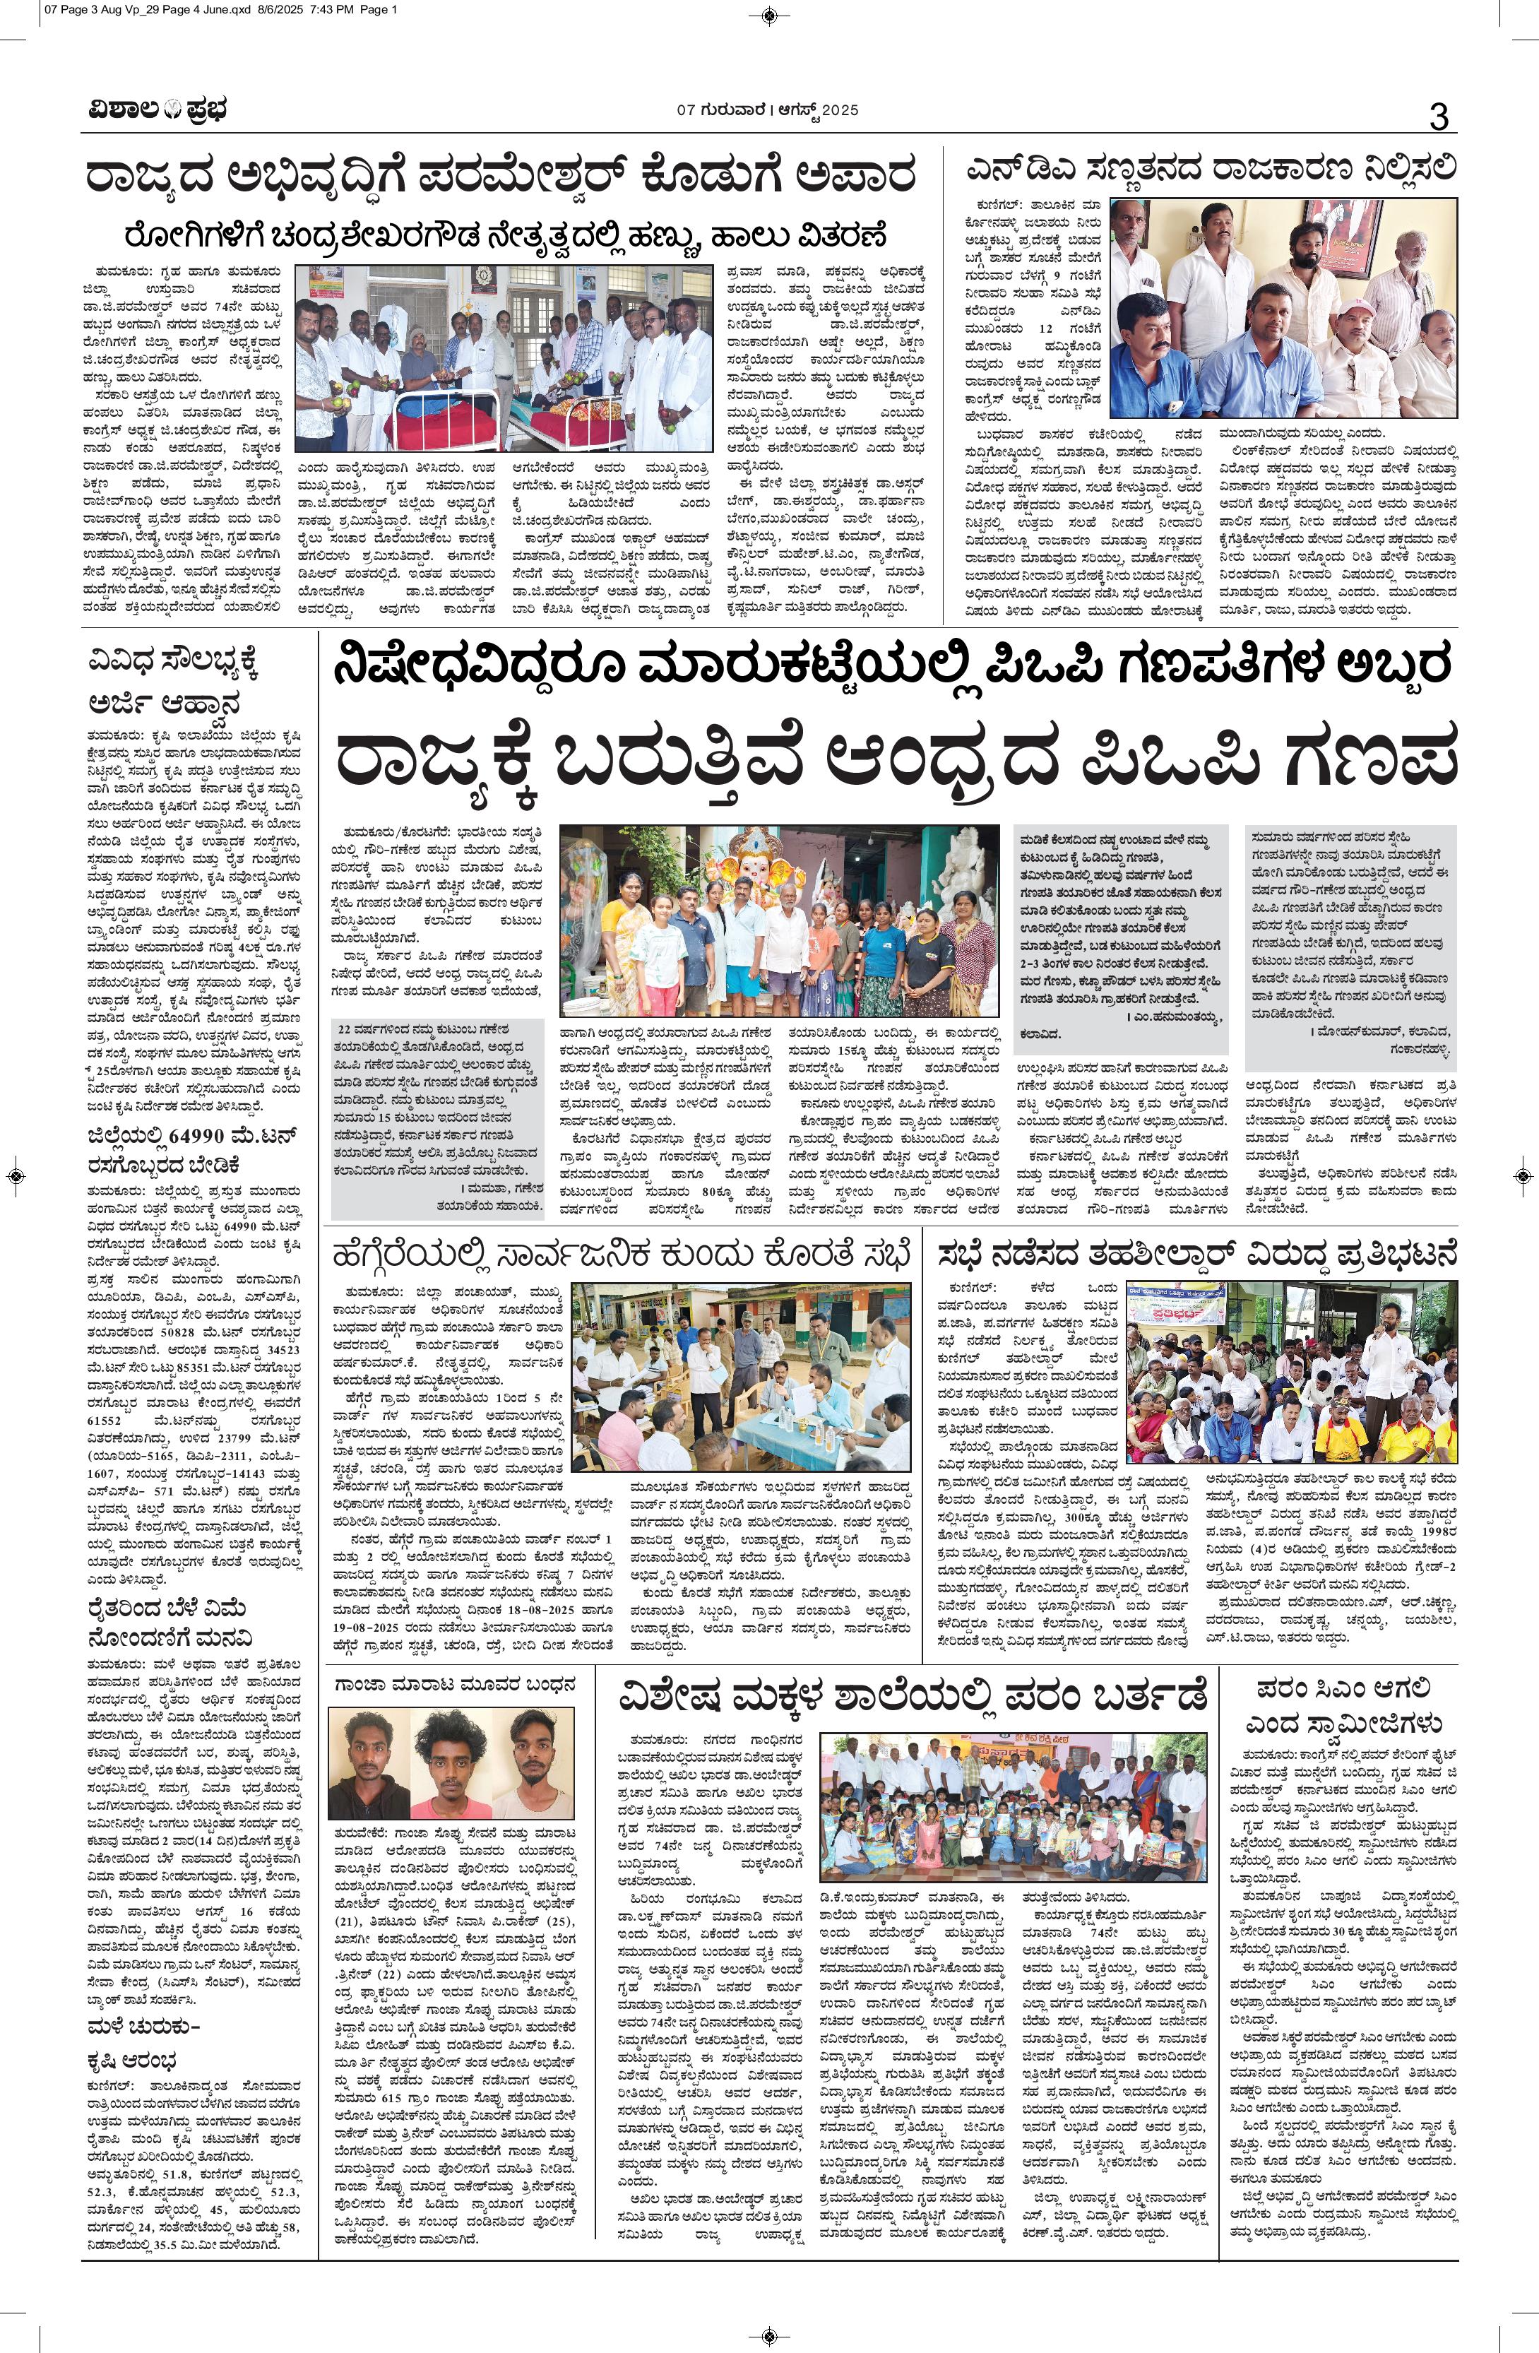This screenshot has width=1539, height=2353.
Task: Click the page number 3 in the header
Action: [1438, 117]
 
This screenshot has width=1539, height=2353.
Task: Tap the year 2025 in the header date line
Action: [840, 109]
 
